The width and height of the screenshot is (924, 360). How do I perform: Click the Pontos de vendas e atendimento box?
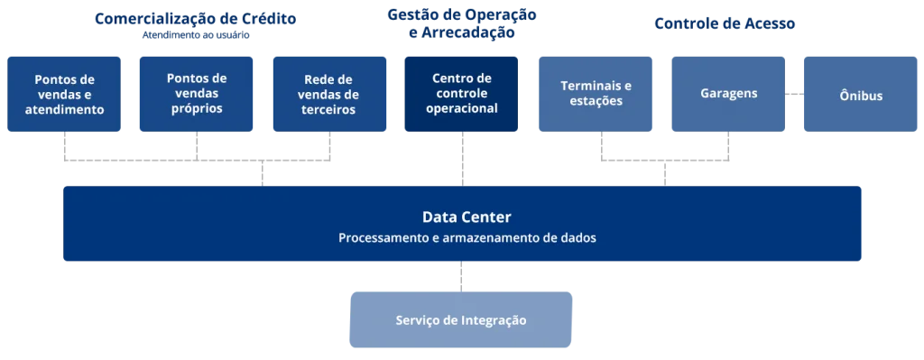click(x=64, y=94)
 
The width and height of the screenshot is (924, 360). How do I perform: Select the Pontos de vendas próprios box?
click(x=196, y=94)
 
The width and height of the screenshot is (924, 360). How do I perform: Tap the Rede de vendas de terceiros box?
click(x=328, y=94)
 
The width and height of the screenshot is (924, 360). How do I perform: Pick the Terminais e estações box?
click(x=596, y=94)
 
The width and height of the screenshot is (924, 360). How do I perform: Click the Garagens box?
click(x=728, y=93)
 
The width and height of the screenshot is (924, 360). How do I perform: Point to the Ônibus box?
click(x=860, y=95)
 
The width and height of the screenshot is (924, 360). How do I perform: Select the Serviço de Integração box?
click(x=461, y=320)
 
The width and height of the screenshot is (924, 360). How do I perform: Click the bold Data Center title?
click(x=467, y=217)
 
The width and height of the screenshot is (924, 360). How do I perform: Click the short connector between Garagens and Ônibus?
click(x=793, y=93)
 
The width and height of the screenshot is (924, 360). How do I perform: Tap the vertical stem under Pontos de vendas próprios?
click(x=199, y=149)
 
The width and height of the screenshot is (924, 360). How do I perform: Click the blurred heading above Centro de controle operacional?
click(x=462, y=24)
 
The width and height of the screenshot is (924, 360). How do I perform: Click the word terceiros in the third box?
click(x=328, y=110)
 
